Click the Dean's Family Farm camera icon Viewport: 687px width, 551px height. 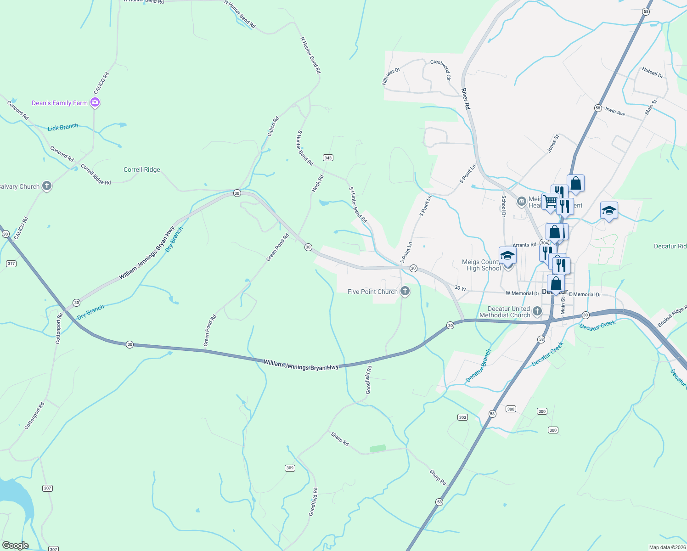pyautogui.click(x=95, y=102)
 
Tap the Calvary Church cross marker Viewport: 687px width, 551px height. pyautogui.click(x=46, y=186)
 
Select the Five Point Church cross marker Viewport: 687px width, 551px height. pyautogui.click(x=405, y=291)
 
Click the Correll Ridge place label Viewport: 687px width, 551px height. pyautogui.click(x=142, y=169)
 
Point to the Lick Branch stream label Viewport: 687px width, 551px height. pyautogui.click(x=63, y=127)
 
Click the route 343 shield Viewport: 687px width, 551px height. pyautogui.click(x=328, y=157)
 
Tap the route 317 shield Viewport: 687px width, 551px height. pyautogui.click(x=11, y=264)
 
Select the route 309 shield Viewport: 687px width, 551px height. pyautogui.click(x=290, y=468)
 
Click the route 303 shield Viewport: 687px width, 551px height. pyautogui.click(x=462, y=417)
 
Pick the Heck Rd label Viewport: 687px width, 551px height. pyautogui.click(x=317, y=183)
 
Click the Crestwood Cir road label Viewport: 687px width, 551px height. pyautogui.click(x=441, y=69)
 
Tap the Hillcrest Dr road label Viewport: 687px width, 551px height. pyautogui.click(x=391, y=76)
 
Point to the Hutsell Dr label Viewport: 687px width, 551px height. pyautogui.click(x=653, y=72)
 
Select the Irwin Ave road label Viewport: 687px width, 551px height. pyautogui.click(x=615, y=111)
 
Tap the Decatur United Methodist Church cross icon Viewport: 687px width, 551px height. pyautogui.click(x=537, y=312)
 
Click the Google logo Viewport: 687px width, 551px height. pyautogui.click(x=15, y=545)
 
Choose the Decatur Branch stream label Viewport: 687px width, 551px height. pyautogui.click(x=479, y=366)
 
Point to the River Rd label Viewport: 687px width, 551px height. pyautogui.click(x=466, y=99)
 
